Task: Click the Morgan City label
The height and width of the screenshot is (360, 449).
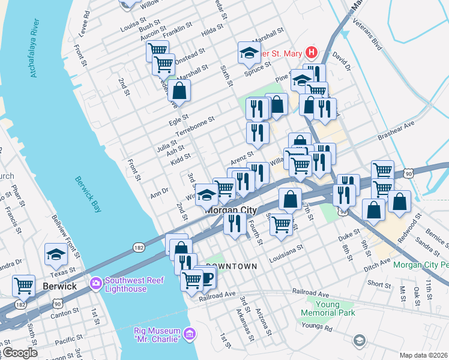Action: [x=231, y=210]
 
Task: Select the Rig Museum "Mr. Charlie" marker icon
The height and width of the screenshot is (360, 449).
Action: [x=189, y=333]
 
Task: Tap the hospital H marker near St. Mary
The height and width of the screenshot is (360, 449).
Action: [x=310, y=53]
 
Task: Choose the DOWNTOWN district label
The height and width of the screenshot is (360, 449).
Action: [x=232, y=266]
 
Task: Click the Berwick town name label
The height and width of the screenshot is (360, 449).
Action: [x=60, y=286]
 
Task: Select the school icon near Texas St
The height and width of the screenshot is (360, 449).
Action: [x=56, y=254]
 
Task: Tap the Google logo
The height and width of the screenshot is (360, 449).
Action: [x=19, y=353]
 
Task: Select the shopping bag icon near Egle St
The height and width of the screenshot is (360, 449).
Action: [x=179, y=91]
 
